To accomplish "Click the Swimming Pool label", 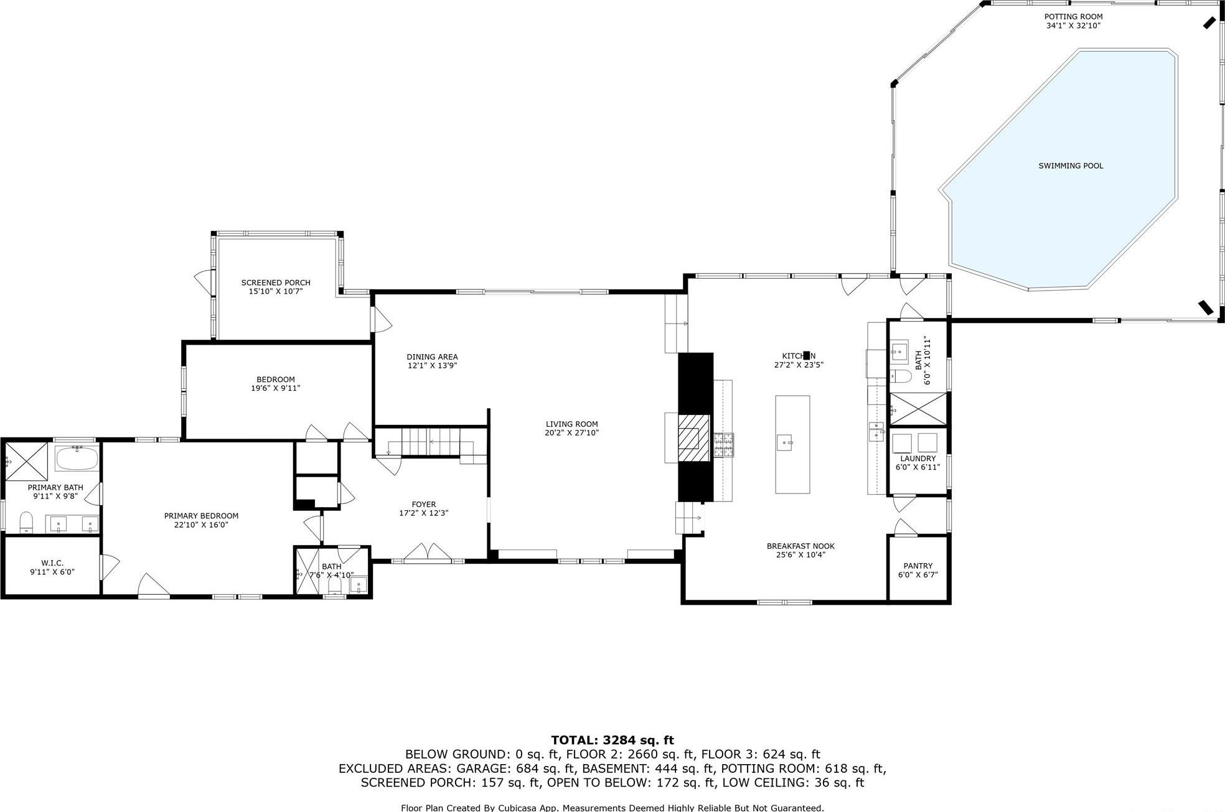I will [1071, 166].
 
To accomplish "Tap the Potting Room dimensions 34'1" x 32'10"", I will [1073, 26].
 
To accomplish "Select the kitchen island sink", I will [784, 443].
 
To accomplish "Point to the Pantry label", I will [918, 566].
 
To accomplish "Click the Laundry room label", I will [918, 459].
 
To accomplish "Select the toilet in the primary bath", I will [26, 521].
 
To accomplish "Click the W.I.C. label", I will [52, 563].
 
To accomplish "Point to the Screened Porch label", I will [276, 282].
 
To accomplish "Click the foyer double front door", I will [428, 553].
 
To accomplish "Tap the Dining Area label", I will [432, 357].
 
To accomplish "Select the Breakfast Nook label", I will [800, 546].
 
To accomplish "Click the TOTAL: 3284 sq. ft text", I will [612, 740].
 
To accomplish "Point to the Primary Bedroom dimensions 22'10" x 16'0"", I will [201, 525].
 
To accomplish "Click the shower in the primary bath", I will [27, 461].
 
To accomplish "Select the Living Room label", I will [571, 424].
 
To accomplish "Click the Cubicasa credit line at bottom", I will [612, 808].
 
